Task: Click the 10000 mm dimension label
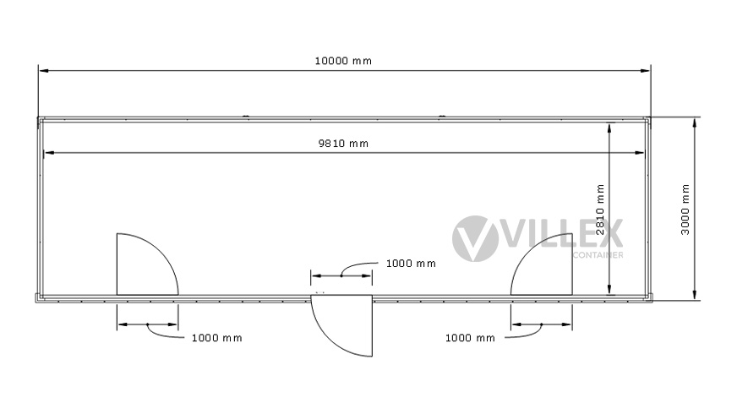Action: tap(343, 61)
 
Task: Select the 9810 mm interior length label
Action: tap(344, 144)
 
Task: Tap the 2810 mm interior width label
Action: tap(600, 210)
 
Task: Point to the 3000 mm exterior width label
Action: tap(685, 210)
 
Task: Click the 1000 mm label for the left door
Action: tap(216, 338)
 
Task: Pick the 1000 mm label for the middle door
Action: tap(411, 264)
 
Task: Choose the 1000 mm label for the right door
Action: tap(470, 338)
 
